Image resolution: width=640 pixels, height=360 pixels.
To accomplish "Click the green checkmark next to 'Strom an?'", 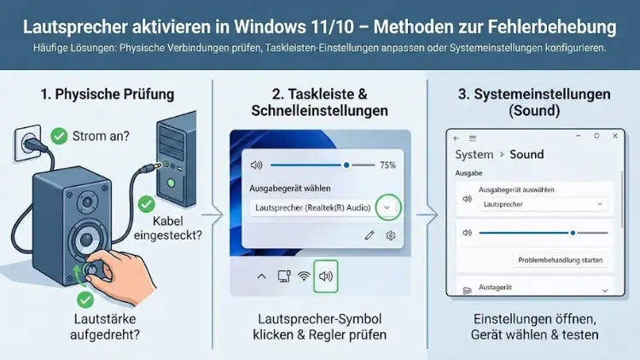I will [x=59, y=135].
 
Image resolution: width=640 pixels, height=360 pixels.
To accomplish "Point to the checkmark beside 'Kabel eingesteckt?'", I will [x=146, y=205].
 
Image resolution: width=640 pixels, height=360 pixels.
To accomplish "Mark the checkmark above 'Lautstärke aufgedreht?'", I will [x=85, y=299].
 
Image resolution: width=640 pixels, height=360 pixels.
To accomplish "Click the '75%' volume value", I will [x=387, y=165].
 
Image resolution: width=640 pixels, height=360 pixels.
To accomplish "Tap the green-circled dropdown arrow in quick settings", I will [x=388, y=207].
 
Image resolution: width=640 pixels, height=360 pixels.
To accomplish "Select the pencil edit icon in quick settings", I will [x=369, y=235].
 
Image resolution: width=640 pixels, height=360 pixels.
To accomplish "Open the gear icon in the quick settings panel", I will [x=391, y=235].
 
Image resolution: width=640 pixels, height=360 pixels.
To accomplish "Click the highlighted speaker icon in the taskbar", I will [x=326, y=276].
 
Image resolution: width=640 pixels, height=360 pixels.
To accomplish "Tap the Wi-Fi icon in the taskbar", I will [x=304, y=276].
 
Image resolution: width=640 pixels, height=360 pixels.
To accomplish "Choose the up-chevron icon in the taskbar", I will [x=262, y=276].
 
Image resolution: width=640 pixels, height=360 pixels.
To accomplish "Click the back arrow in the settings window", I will [x=457, y=137].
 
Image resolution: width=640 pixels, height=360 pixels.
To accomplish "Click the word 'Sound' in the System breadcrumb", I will [x=527, y=154].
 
